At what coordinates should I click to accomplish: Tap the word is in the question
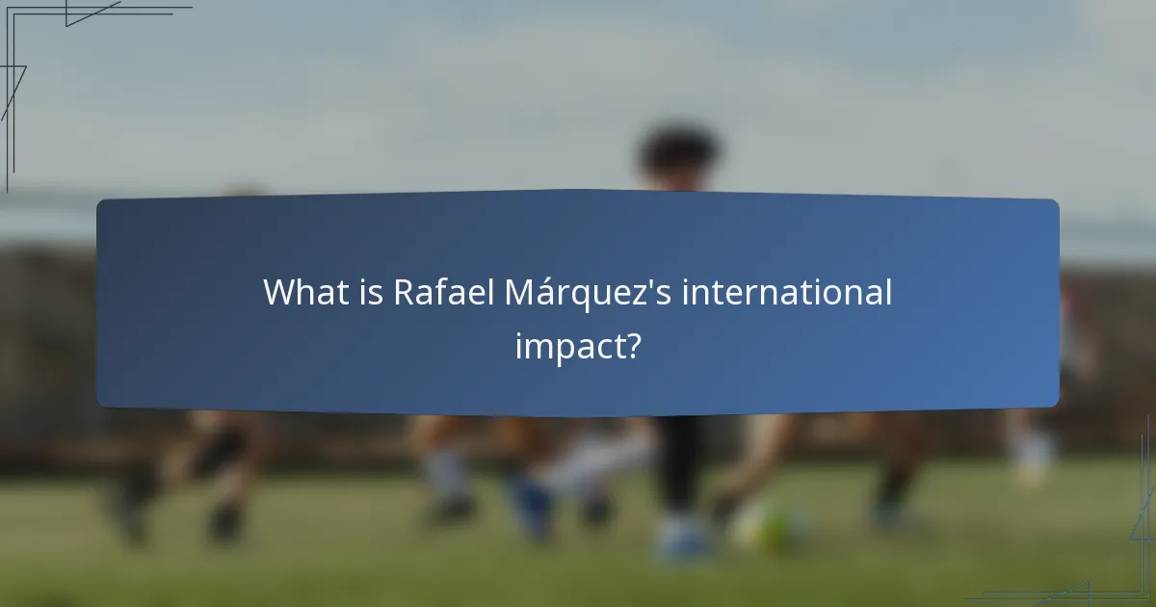click(368, 292)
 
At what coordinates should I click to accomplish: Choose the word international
click(787, 292)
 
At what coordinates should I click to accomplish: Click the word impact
click(568, 346)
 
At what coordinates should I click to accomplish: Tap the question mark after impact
click(632, 346)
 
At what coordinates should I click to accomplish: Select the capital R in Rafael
click(404, 292)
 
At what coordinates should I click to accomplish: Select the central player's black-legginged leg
click(679, 462)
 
